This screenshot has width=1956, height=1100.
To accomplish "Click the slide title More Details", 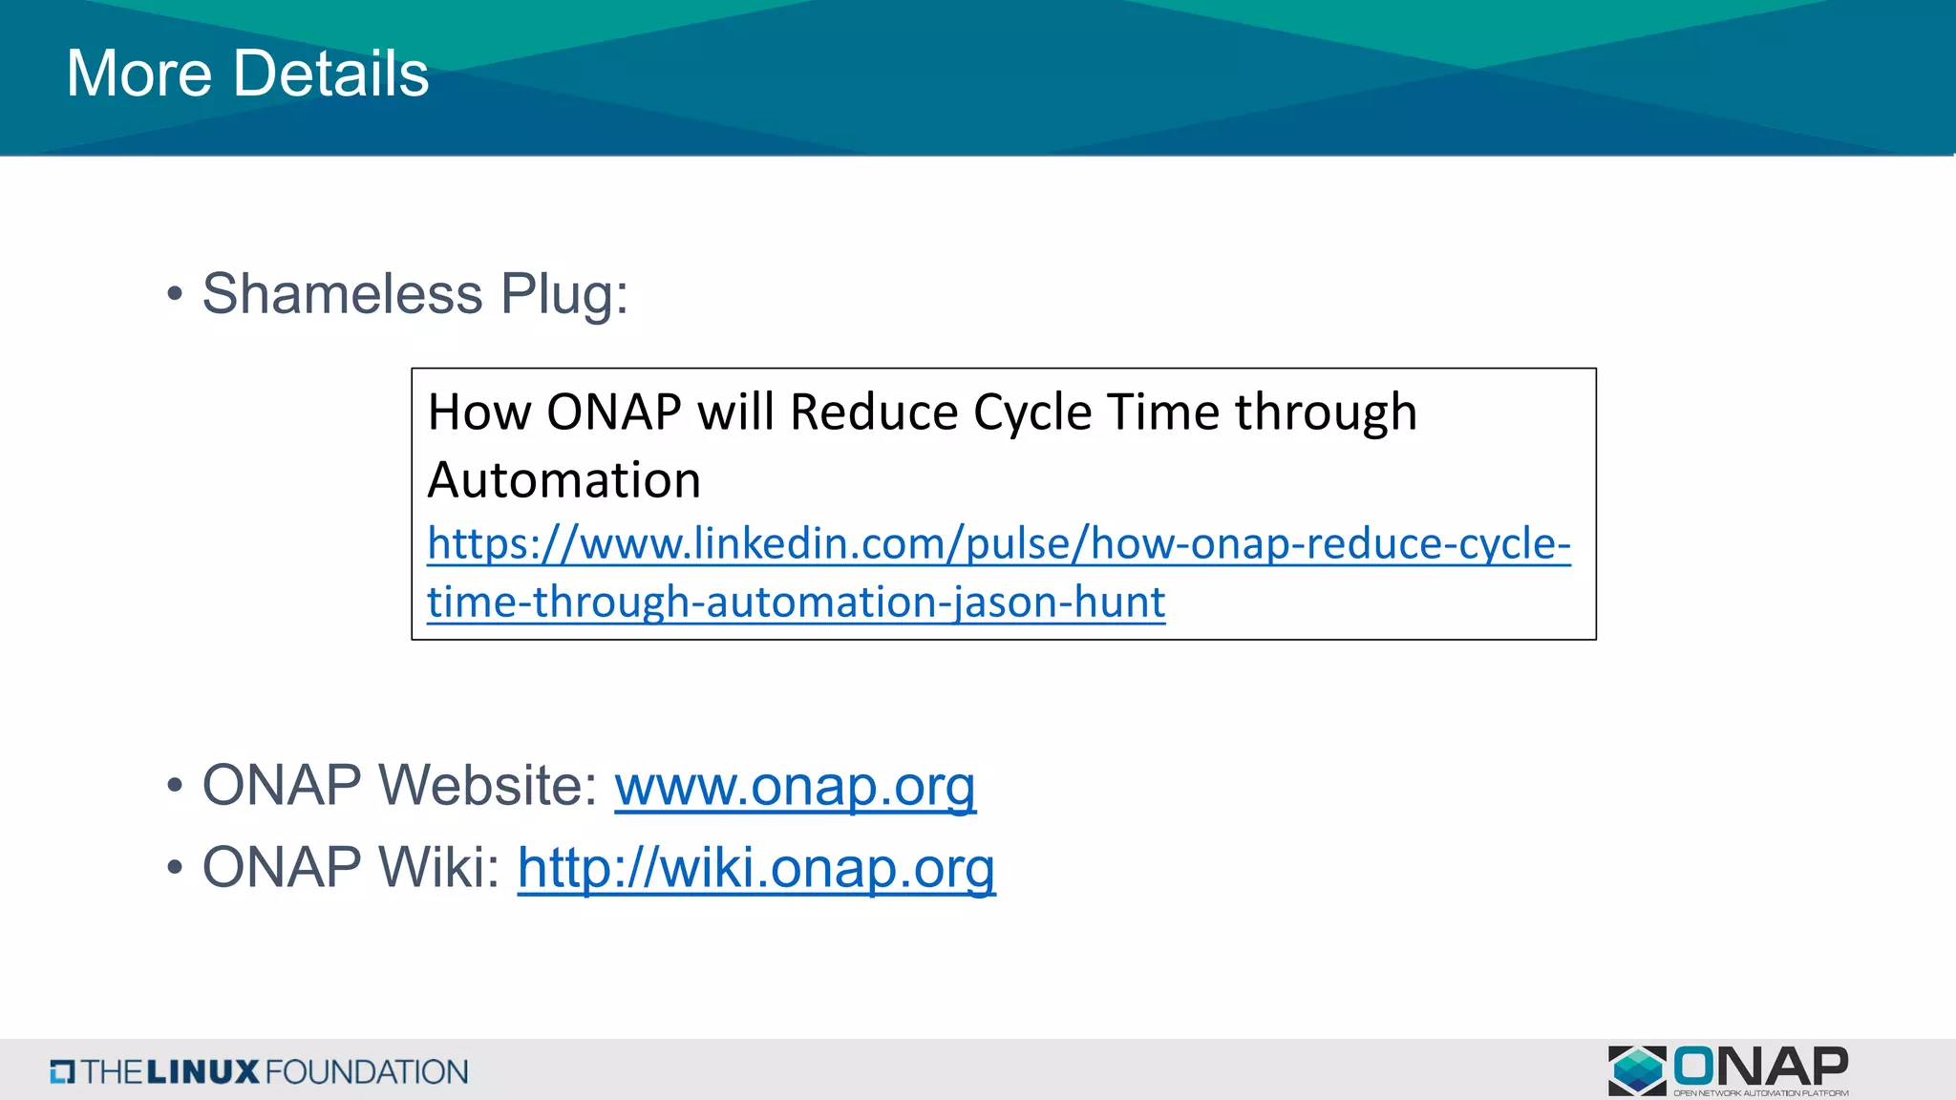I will pyautogui.click(x=247, y=74).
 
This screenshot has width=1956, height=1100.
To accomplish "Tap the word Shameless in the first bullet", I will pyautogui.click(x=342, y=293).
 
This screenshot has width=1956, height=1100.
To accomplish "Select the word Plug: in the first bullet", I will pyautogui.click(x=564, y=293).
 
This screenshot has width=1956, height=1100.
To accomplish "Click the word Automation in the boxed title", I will pyautogui.click(x=563, y=479).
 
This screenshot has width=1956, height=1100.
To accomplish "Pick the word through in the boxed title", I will pyautogui.click(x=1326, y=412).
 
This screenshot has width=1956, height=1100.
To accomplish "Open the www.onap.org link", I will pyautogui.click(x=795, y=786).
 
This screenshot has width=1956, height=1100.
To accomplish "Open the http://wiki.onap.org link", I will pyautogui.click(x=756, y=868).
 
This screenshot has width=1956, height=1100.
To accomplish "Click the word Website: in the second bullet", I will pyautogui.click(x=488, y=786).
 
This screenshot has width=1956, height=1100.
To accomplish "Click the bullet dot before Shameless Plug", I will pyautogui.click(x=174, y=294).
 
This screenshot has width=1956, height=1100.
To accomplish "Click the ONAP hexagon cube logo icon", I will pyautogui.click(x=1637, y=1069).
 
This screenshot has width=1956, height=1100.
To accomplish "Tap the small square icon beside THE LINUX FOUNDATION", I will pyautogui.click(x=62, y=1072).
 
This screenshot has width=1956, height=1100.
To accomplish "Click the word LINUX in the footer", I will pyautogui.click(x=202, y=1072).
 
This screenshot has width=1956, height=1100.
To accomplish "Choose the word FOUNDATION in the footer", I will pyautogui.click(x=366, y=1072).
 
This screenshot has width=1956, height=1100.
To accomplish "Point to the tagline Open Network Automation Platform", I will pyautogui.click(x=1760, y=1093).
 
